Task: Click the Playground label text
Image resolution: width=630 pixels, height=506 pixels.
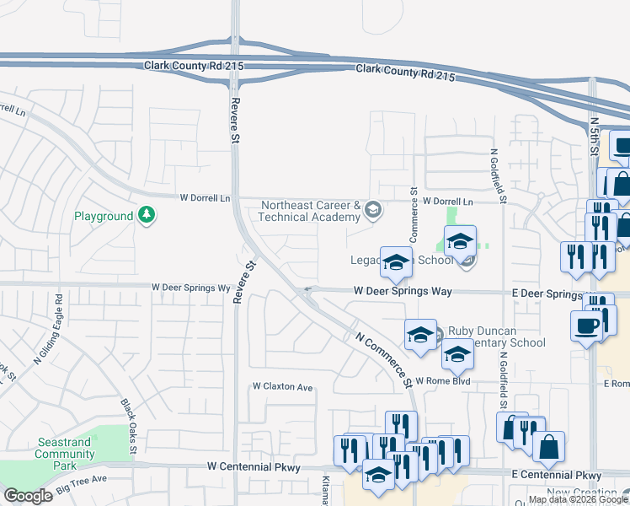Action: pyautogui.click(x=104, y=217)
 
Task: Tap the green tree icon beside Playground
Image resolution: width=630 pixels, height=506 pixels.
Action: pyautogui.click(x=147, y=216)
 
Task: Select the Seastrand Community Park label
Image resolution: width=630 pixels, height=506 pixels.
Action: pyautogui.click(x=65, y=454)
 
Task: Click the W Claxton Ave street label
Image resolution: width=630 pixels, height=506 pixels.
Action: pyautogui.click(x=283, y=387)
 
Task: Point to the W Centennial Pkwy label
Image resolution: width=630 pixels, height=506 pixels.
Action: pyautogui.click(x=254, y=466)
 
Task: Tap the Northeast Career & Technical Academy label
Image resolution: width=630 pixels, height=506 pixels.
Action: pyautogui.click(x=311, y=212)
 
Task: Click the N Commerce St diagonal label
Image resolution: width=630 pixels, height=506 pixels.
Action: pyautogui.click(x=382, y=358)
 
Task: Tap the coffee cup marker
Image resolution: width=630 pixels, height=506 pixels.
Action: pyautogui.click(x=585, y=326)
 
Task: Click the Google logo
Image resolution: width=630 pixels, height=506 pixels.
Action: pyautogui.click(x=28, y=496)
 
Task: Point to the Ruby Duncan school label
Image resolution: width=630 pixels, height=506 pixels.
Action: pyautogui.click(x=496, y=336)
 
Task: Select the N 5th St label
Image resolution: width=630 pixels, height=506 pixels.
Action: pyautogui.click(x=594, y=135)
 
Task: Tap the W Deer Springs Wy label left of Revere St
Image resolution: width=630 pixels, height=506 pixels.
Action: pyautogui.click(x=190, y=288)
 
